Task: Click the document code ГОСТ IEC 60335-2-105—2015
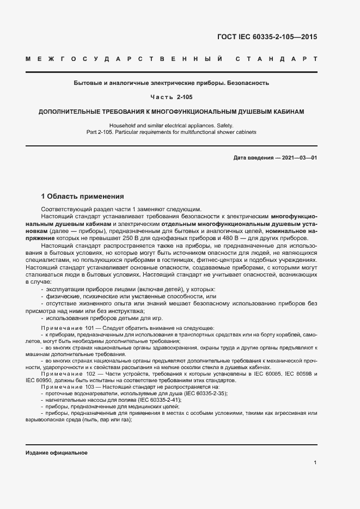267,38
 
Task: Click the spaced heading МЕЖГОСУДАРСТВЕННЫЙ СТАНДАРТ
171,58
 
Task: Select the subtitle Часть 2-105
171,97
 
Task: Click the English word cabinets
243,132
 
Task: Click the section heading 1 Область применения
83,196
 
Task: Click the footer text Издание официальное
56,453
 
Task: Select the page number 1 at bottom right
315,462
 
